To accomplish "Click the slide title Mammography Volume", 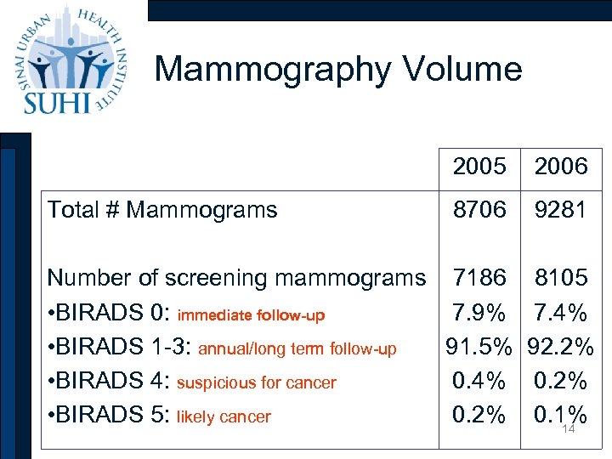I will pyautogui.click(x=338, y=69).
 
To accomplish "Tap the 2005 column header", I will pyautogui.click(x=479, y=167).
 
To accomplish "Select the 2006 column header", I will pyautogui.click(x=561, y=167).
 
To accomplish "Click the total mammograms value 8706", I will pyautogui.click(x=479, y=209).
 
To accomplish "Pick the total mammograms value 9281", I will pyautogui.click(x=561, y=209).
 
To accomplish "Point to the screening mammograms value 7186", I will pyautogui.click(x=479, y=277).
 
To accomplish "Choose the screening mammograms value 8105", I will pyautogui.click(x=561, y=277).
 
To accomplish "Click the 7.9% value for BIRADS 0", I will pyautogui.click(x=479, y=313).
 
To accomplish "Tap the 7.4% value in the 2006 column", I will pyautogui.click(x=561, y=313).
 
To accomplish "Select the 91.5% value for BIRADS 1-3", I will pyautogui.click(x=479, y=348).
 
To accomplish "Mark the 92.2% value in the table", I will pyautogui.click(x=561, y=348).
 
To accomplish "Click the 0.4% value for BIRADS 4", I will pyautogui.click(x=479, y=382).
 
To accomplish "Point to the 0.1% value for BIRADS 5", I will pyautogui.click(x=561, y=415).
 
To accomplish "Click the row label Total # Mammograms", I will pyautogui.click(x=162, y=209).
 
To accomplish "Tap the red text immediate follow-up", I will pyautogui.click(x=250, y=315).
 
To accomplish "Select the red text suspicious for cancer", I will pyautogui.click(x=257, y=383).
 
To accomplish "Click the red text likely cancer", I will pyautogui.click(x=224, y=417).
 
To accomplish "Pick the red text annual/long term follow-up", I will pyautogui.click(x=297, y=349).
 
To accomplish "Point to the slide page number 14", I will pyautogui.click(x=569, y=430).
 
